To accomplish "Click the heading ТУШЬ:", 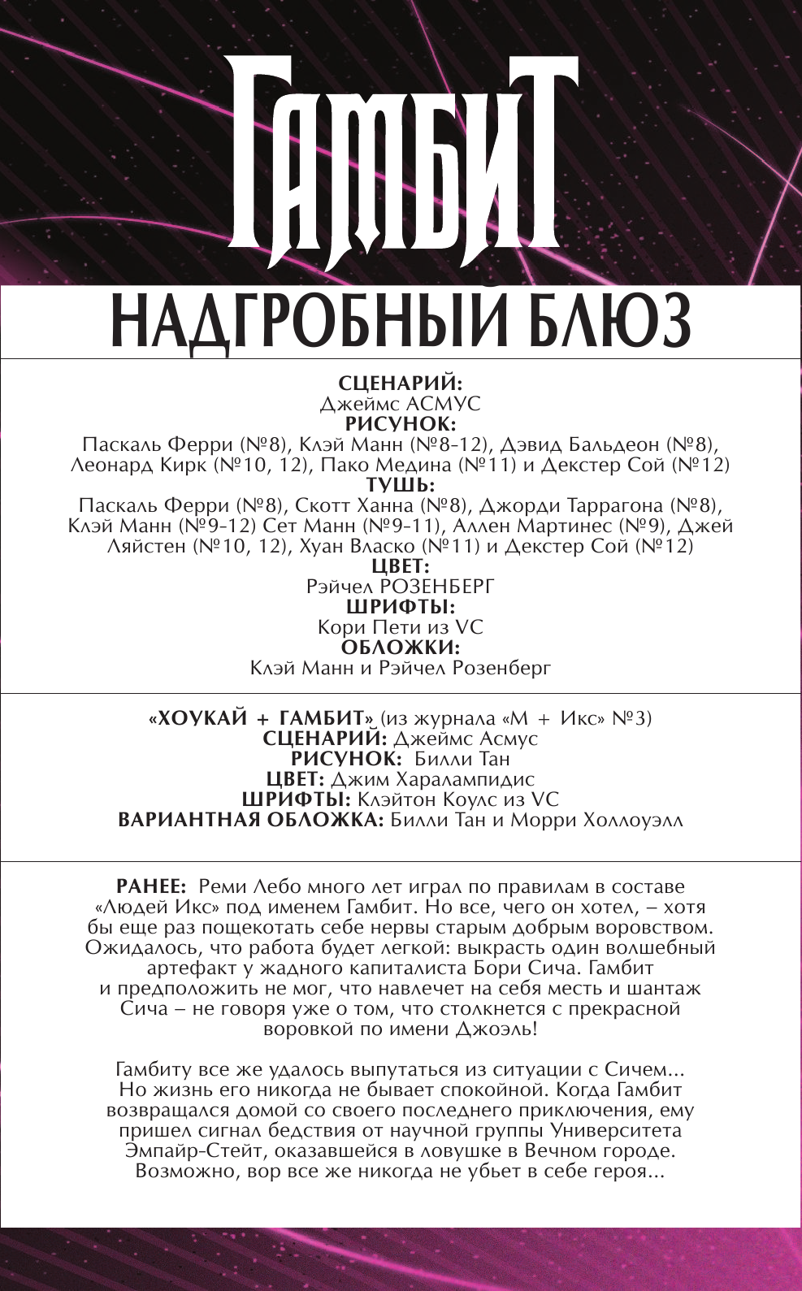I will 401,485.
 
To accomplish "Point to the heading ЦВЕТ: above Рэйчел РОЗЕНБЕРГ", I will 401,566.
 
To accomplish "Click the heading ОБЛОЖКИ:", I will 401,648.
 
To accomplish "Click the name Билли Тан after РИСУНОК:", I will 462,759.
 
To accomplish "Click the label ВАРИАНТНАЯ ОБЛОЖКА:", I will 250,820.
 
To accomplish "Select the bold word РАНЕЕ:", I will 153,886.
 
